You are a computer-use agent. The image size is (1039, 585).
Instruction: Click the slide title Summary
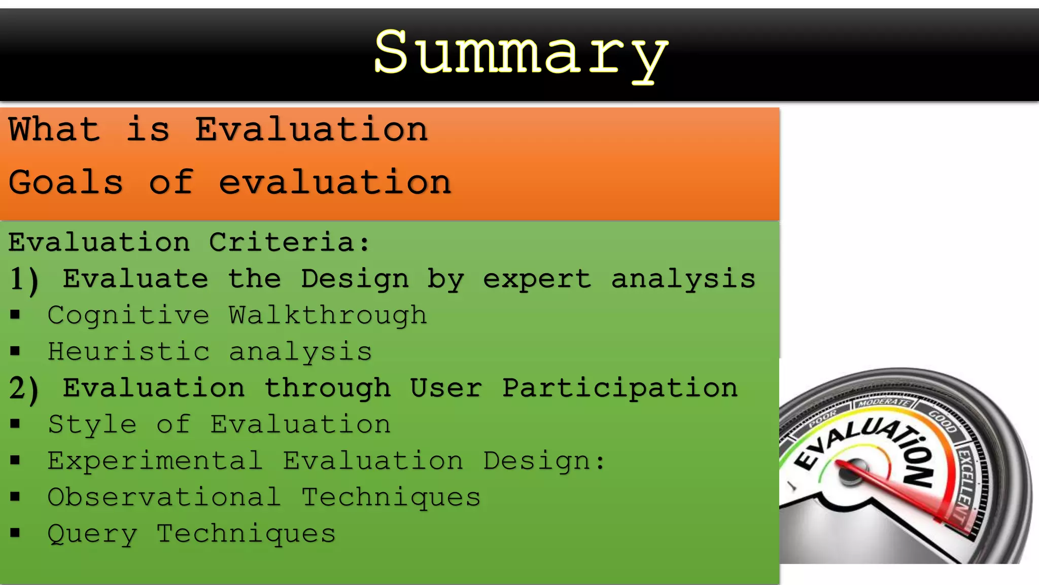521,54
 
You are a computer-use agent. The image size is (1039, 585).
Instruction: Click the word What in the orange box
54,129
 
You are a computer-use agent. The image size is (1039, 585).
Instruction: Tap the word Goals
65,182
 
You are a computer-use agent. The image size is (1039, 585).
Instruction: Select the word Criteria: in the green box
289,242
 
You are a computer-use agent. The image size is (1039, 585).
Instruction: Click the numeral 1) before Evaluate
24,280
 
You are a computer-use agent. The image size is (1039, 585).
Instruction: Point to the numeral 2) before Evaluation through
24,389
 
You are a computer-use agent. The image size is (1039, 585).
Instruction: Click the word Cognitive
128,316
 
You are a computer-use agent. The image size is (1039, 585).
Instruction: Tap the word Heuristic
128,351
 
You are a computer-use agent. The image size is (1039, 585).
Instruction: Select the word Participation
620,388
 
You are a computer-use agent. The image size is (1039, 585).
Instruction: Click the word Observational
164,497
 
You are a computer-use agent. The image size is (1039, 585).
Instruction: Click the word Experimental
155,461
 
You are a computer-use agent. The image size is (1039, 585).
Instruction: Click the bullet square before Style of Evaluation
15,424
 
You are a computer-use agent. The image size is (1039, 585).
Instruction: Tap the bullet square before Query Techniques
15,533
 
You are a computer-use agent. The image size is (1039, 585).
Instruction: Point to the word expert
537,279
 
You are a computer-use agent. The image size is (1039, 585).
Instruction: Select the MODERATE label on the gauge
883,403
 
